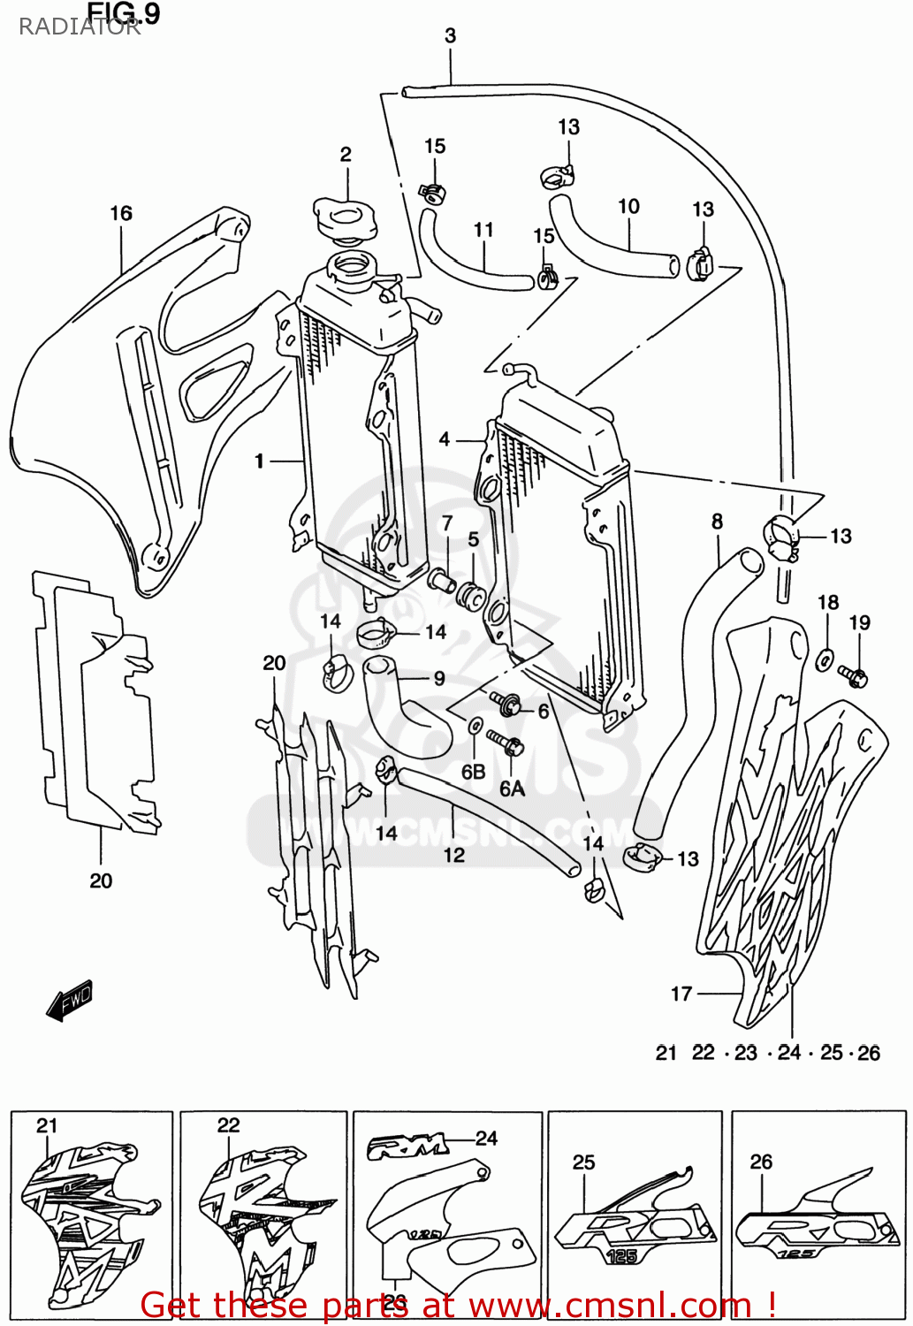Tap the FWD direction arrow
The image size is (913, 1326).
pos(70,1002)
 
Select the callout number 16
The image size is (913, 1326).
pos(121,213)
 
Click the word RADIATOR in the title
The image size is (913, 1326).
pos(80,27)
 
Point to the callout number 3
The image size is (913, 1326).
pos(450,35)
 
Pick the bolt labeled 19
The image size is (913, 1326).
pos(854,677)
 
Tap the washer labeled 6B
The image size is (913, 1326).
pos(475,726)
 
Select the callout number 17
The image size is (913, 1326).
pos(681,994)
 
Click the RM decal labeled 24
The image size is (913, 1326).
pos(407,1147)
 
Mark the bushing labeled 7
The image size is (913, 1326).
pos(441,581)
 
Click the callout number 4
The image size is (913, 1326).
pos(445,439)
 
